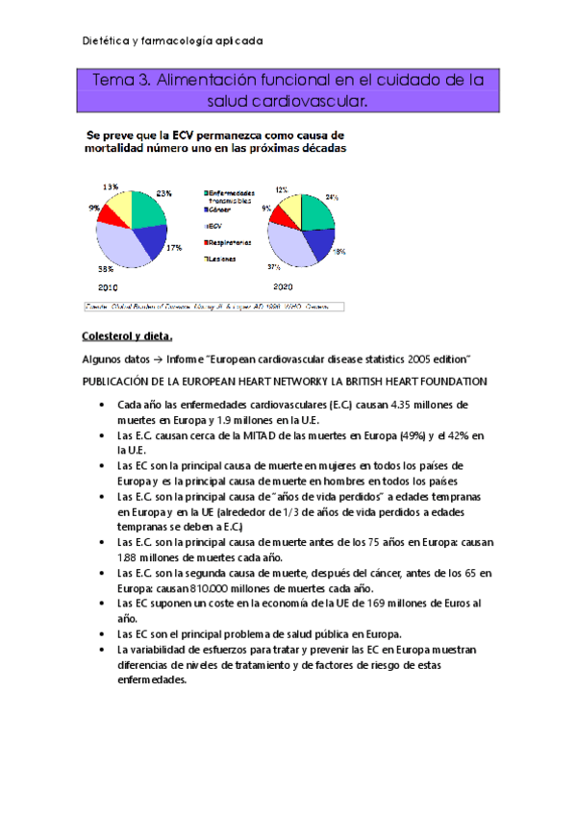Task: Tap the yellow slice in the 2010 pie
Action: pos(119,204)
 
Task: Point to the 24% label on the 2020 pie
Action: pos(332,197)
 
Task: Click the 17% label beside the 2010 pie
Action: pos(175,248)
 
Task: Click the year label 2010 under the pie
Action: pos(108,287)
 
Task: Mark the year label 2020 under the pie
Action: pos(283,287)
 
